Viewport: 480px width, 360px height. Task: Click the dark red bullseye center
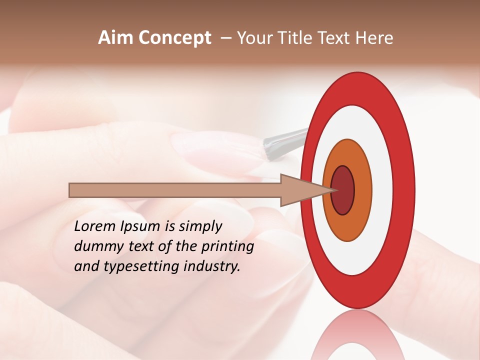tap(343, 190)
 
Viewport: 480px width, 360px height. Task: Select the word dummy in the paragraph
tap(95, 246)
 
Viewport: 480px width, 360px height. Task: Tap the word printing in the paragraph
tap(227, 246)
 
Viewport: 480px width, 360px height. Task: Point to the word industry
tap(212, 266)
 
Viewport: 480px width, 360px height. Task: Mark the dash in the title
tap(226, 38)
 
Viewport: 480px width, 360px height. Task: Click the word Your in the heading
tap(253, 38)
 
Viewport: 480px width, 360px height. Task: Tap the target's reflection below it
tap(358, 337)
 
